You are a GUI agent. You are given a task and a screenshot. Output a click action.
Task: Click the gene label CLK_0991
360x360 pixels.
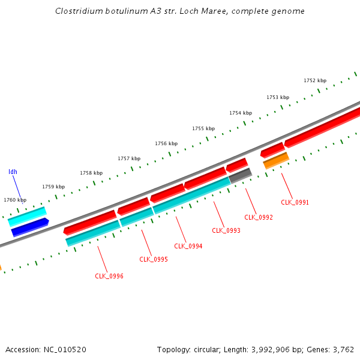click(x=295, y=202)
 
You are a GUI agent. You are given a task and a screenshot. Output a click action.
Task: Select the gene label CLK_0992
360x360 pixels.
click(x=259, y=217)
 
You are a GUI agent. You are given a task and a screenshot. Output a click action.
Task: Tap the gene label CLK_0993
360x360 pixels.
click(x=226, y=230)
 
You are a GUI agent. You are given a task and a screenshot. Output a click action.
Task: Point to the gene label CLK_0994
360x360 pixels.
click(x=188, y=246)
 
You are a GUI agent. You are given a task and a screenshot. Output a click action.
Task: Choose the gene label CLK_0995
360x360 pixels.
click(x=154, y=259)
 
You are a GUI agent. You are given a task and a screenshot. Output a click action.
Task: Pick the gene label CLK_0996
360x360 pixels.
click(x=109, y=276)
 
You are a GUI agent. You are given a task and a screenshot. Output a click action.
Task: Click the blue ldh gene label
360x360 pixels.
click(x=13, y=172)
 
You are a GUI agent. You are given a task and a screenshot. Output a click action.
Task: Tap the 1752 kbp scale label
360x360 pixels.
click(x=315, y=80)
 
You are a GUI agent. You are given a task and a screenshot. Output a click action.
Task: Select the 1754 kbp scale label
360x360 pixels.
click(x=241, y=113)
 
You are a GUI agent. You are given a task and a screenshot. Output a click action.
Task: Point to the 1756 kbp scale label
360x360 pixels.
click(x=166, y=143)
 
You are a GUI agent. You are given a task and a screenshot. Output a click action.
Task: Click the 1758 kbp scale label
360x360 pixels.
click(x=91, y=173)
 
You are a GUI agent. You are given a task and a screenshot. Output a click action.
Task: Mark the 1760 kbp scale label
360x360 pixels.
click(x=15, y=200)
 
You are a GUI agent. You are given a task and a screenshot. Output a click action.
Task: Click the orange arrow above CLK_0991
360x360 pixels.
click(x=276, y=160)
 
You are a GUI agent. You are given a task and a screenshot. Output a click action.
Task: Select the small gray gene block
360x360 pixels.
click(x=240, y=175)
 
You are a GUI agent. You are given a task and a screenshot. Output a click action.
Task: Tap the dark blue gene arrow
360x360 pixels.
click(x=29, y=227)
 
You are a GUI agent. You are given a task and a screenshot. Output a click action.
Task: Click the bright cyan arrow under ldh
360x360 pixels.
click(x=27, y=216)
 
